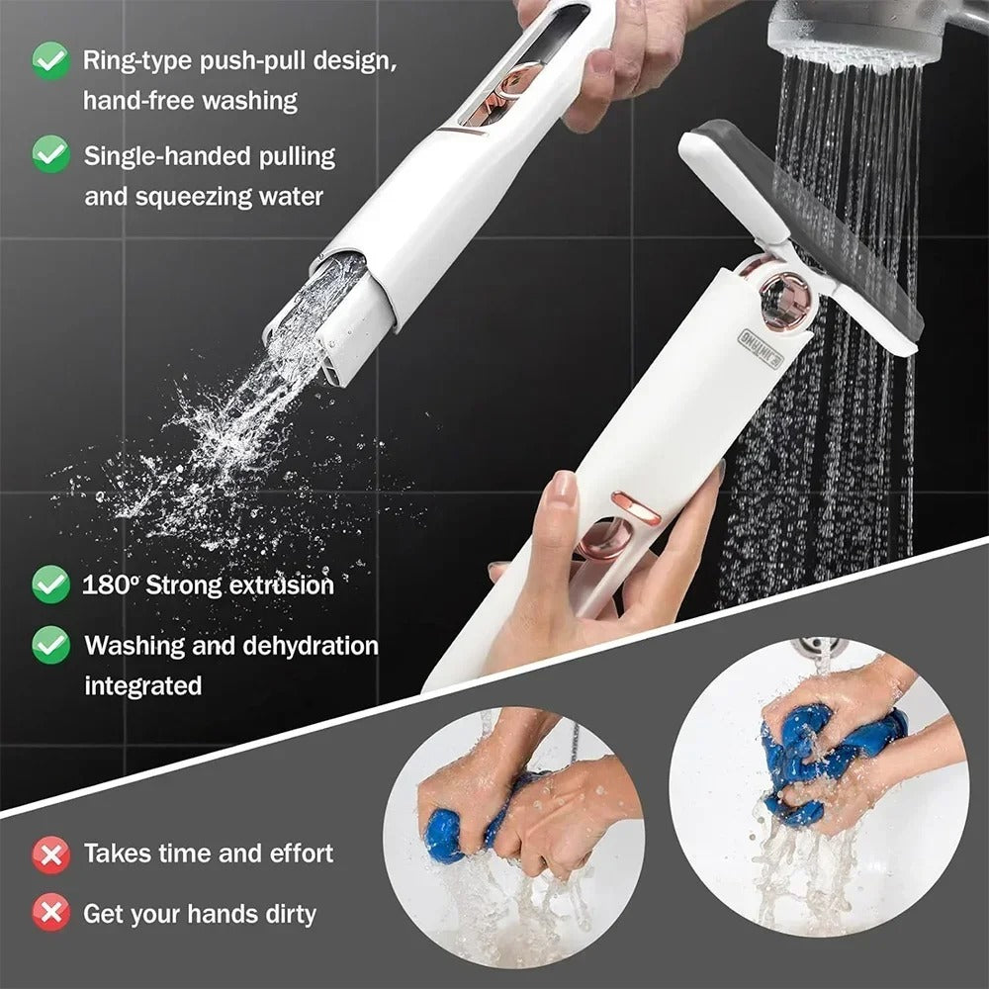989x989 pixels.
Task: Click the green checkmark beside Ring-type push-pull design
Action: coord(50,60)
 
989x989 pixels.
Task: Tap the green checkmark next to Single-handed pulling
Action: coord(50,155)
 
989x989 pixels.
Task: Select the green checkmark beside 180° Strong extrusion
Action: coord(50,584)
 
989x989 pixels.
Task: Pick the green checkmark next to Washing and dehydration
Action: coord(50,645)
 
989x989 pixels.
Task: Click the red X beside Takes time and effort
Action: coord(50,854)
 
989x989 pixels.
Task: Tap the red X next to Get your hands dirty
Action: coord(50,913)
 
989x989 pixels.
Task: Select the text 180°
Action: coord(111,584)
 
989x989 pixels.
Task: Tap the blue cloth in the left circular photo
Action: coord(450,831)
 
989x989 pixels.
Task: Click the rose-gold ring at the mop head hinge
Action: coord(787,296)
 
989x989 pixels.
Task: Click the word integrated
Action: coord(142,685)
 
